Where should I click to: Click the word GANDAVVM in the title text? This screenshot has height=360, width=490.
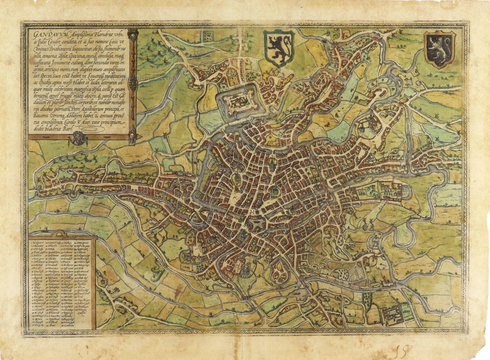[44, 35]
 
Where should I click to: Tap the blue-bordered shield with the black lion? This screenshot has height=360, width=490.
[278, 48]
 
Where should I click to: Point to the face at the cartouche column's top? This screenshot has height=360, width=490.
[133, 35]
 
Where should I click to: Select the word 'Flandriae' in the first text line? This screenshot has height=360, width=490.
[103, 35]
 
